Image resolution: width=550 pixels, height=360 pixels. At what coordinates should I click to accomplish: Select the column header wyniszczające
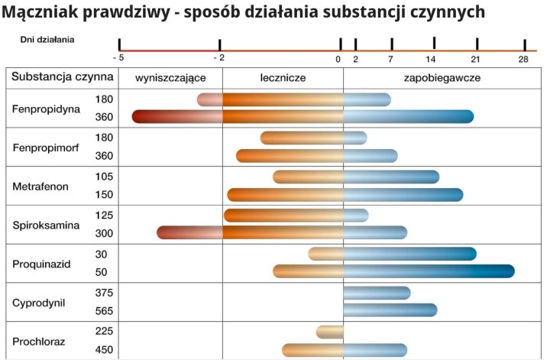170,78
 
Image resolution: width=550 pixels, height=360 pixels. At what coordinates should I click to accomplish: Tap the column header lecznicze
283,78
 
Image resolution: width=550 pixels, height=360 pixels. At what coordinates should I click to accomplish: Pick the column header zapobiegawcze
442,78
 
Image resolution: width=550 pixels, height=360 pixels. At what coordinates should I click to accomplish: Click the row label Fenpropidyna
46,109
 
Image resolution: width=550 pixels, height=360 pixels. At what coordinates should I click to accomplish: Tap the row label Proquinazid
42,264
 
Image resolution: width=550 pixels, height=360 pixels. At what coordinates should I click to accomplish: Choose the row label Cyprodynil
39,303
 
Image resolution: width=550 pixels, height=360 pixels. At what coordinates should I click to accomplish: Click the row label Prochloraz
39,342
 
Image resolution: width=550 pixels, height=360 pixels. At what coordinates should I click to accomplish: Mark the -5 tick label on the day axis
118,58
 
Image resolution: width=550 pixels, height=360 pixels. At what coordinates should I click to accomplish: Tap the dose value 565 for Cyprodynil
105,310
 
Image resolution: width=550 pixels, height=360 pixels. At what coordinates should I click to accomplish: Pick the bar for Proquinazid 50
393,271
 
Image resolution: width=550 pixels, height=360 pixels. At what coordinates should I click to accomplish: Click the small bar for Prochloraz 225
330,332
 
